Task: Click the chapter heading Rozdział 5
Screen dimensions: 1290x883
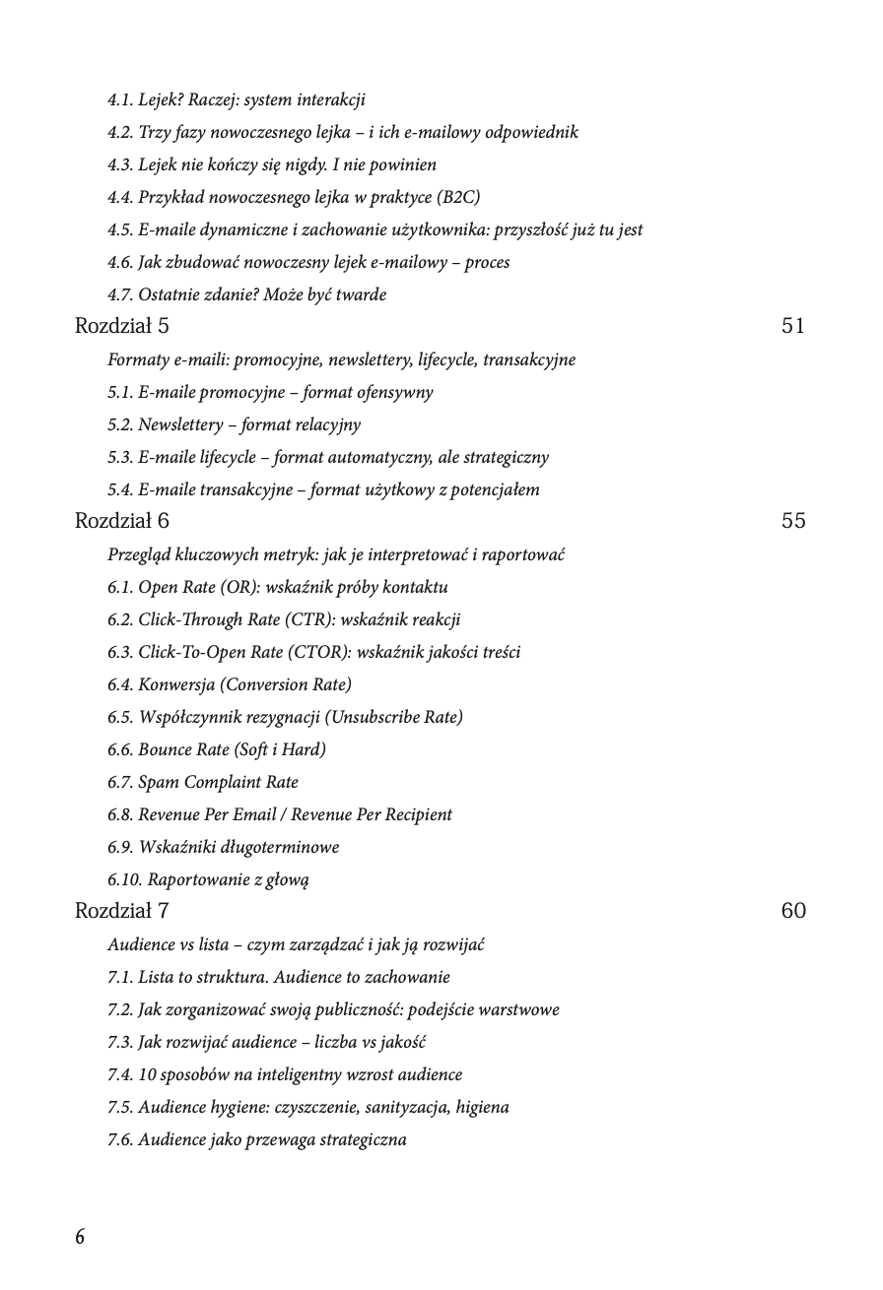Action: pyautogui.click(x=121, y=326)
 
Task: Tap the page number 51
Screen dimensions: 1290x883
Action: pyautogui.click(x=793, y=326)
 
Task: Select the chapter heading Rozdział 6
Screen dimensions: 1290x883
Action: pyautogui.click(x=121, y=521)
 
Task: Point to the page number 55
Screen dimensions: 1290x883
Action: pyautogui.click(x=793, y=521)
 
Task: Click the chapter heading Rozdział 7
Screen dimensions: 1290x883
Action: pyautogui.click(x=121, y=911)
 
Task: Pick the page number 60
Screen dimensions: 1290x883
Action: pyautogui.click(x=793, y=911)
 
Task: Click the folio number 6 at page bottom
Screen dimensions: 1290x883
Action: pyautogui.click(x=80, y=1237)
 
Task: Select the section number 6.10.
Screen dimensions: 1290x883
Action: pyautogui.click(x=123, y=879)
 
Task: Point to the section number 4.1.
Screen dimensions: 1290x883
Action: pyautogui.click(x=119, y=99)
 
